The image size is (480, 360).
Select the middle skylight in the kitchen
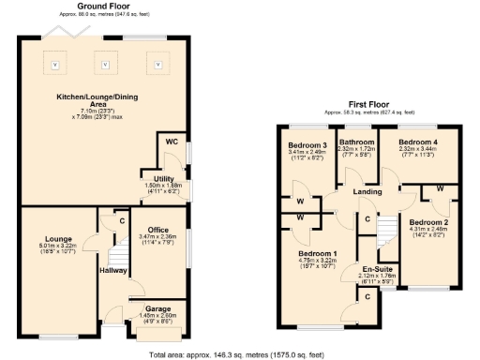pos(106,65)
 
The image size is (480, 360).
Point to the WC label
pos(172,142)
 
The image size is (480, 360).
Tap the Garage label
pos(157,307)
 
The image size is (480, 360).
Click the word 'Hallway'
pos(113,270)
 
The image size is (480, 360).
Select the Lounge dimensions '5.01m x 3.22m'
pos(57,246)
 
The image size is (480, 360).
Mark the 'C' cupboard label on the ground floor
pos(121,221)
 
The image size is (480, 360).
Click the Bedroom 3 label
pos(307,145)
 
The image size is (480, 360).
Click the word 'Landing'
pos(367,192)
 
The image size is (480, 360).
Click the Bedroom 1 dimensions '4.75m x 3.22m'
pos(318,262)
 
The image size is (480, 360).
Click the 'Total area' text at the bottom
pos(239,354)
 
